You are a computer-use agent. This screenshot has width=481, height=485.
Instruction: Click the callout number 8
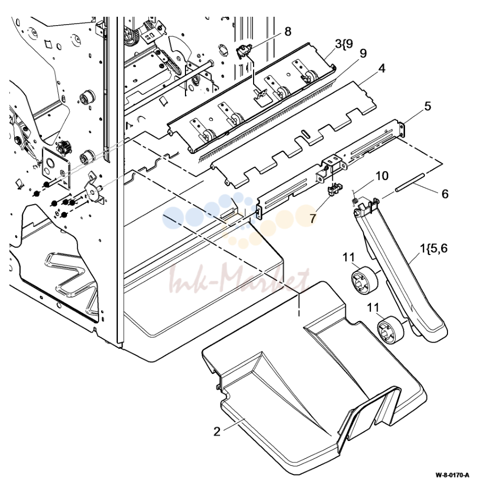point(288,31)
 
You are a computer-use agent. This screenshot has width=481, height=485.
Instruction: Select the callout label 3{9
point(344,44)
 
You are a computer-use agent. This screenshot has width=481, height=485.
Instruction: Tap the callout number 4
point(382,69)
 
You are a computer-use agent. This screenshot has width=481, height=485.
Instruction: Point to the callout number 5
point(428,106)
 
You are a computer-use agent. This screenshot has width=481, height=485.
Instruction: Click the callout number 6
point(445,194)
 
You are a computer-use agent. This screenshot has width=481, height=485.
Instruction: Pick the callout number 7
point(313,218)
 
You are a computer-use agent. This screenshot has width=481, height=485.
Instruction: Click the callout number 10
point(382,175)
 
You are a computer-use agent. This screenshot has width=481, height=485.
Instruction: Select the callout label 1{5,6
point(433,248)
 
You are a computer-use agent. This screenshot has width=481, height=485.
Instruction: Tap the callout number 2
point(217,431)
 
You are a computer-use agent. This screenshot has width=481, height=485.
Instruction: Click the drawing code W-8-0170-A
point(452,475)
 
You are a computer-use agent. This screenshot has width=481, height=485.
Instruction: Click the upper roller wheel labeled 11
point(365,278)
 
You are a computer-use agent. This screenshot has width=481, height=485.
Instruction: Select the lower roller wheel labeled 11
point(391,329)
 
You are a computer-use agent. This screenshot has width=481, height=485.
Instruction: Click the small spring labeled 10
point(355,200)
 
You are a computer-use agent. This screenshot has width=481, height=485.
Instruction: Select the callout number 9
point(363,53)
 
